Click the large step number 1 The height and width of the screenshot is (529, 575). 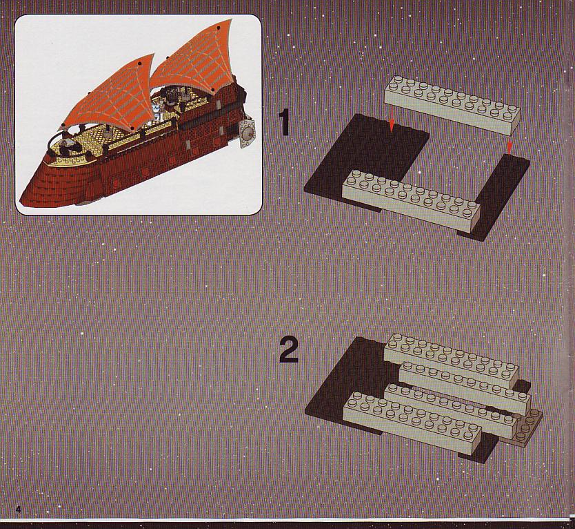pos(284,123)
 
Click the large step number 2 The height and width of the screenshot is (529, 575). pos(289,350)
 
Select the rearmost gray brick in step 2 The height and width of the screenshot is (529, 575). pos(451,358)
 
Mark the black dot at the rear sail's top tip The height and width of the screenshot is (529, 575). pos(218,28)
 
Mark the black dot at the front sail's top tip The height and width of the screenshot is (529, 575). pos(140,64)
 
